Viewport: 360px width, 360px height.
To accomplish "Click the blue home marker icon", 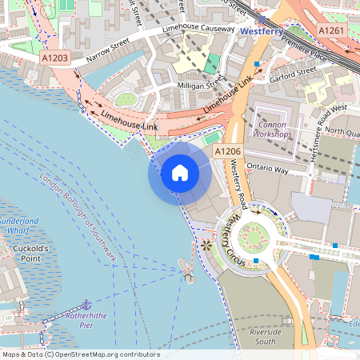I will point(180,173).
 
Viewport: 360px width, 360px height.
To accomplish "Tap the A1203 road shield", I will point(55,58).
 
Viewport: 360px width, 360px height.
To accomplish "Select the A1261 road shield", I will point(334,30).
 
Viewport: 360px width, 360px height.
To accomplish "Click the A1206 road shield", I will point(228,150).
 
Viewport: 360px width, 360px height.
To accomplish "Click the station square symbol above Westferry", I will point(262,18).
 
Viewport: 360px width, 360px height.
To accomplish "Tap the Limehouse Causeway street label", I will point(198,30).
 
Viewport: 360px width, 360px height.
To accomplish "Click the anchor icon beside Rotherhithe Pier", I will point(86,304).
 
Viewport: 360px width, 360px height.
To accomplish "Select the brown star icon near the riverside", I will point(206,245).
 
